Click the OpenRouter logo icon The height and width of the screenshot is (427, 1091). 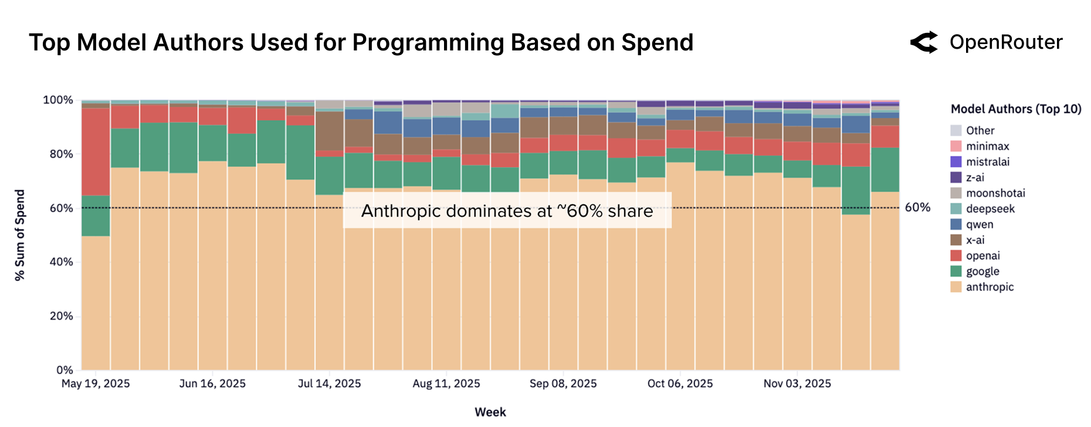click(924, 42)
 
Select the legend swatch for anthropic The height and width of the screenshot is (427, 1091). click(956, 287)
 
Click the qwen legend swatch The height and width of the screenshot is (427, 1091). click(956, 225)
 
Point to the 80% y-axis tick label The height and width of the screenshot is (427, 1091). click(61, 154)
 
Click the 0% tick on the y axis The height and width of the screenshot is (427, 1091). click(65, 370)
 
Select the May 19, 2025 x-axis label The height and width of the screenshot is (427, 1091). click(96, 384)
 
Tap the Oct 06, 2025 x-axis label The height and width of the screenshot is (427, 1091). click(680, 384)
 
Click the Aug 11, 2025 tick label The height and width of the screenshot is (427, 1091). click(446, 384)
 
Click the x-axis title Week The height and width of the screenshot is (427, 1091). click(490, 412)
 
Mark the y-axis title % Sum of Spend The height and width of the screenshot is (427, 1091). click(20, 235)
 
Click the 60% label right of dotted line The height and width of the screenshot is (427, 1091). click(917, 208)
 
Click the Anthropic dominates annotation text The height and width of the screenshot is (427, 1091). click(507, 211)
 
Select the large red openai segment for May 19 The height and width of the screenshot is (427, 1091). click(96, 151)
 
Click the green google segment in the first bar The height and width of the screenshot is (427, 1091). click(96, 216)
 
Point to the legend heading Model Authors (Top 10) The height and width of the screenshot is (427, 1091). click(1016, 109)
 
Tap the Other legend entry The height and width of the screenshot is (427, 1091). click(980, 131)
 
